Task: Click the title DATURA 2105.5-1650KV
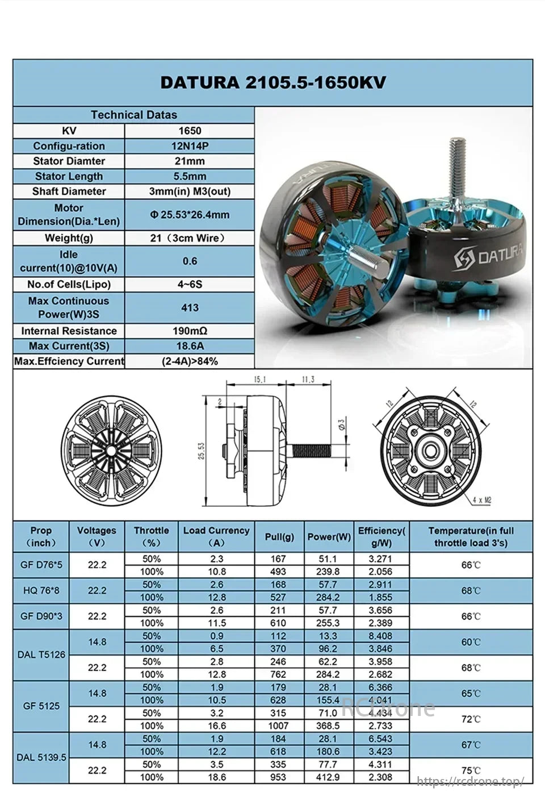pyautogui.click(x=272, y=82)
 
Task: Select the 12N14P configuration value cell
pyautogui.click(x=190, y=146)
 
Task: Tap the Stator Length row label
pyautogui.click(x=69, y=176)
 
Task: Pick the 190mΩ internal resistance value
pyautogui.click(x=190, y=331)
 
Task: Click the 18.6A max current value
pyautogui.click(x=190, y=346)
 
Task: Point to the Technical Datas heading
pyautogui.click(x=134, y=115)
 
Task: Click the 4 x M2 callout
pyautogui.click(x=481, y=501)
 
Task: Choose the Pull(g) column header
pyautogui.click(x=279, y=537)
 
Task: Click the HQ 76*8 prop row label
pyautogui.click(x=41, y=591)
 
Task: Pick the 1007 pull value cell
pyautogui.click(x=278, y=726)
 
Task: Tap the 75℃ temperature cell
pyautogui.click(x=471, y=770)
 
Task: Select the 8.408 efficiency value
pyautogui.click(x=380, y=636)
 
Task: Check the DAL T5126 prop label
pyautogui.click(x=41, y=655)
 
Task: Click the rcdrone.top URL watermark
pyautogui.click(x=471, y=782)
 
